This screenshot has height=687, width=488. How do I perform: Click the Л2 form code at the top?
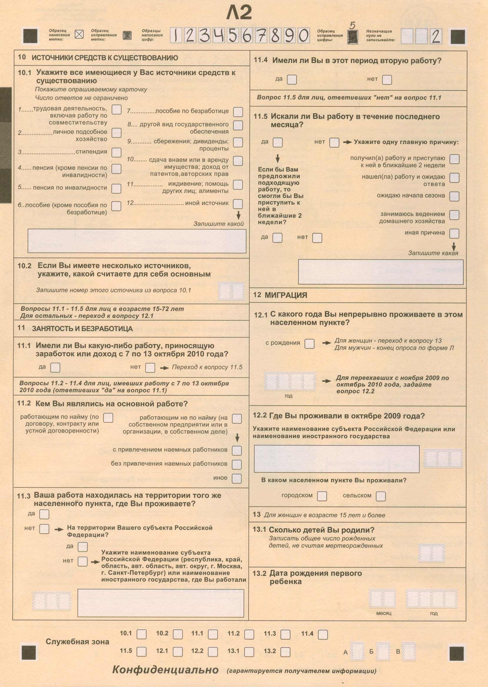pos(239,13)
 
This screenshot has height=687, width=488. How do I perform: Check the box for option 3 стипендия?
pos(116,152)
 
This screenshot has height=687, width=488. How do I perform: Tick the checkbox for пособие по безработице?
pos(238,112)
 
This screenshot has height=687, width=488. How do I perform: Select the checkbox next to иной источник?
pos(238,204)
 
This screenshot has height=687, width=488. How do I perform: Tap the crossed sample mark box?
pos(79,34)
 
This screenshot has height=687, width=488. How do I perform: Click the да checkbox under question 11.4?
pos(292,80)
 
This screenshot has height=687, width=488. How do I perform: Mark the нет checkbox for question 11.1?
pos(150,367)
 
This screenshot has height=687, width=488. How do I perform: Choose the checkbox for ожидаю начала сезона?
pos(454,196)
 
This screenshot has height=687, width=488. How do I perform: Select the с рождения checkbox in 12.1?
pos(309,343)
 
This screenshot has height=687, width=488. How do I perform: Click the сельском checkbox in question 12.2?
pos(380,496)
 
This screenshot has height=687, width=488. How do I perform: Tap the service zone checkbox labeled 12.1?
pos(178,651)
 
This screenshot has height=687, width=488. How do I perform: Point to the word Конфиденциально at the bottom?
pos(165,670)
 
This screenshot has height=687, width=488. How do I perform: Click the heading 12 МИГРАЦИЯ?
pos(280,295)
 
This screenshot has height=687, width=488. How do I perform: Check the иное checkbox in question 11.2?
pos(236,479)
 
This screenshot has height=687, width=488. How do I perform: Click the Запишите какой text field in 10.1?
pos(137,241)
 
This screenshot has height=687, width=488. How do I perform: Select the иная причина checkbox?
pos(454,233)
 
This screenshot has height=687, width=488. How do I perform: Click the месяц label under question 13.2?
pos(384,613)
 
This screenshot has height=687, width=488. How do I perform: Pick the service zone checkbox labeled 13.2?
pos(285,651)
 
